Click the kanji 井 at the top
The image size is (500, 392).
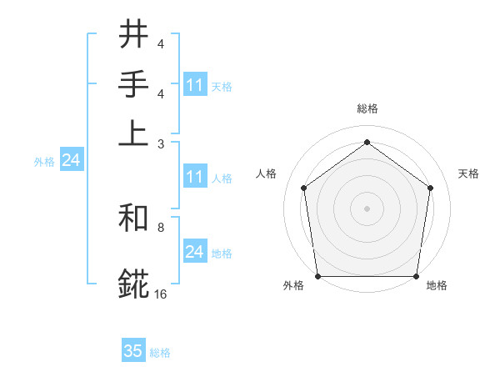133,36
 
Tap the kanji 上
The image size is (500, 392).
133,134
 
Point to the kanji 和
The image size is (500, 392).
133,221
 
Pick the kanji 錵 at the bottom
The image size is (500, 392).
133,284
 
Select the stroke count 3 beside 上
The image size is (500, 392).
161,143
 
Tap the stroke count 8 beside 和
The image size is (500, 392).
161,227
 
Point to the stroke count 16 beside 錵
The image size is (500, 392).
161,294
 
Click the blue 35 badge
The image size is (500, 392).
133,351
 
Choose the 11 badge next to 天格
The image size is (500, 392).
195,85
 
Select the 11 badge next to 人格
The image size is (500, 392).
195,177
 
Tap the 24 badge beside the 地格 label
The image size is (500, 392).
195,252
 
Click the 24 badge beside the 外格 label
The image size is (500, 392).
71,161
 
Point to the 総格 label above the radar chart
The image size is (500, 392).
367,108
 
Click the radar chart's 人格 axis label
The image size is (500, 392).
267,173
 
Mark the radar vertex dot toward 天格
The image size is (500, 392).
430,188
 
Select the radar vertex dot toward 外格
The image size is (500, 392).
318,276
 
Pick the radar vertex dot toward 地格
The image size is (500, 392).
416,276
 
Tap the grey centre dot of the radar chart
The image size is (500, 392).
367,208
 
